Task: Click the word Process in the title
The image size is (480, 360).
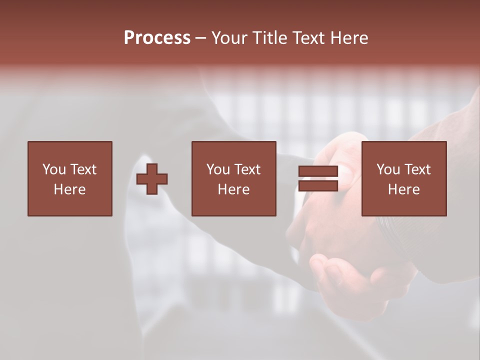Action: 157,38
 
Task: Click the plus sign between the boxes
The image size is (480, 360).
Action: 152,179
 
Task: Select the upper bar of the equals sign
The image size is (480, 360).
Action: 318,171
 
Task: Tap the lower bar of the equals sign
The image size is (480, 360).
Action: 318,186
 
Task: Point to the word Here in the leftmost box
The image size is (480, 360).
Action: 69,189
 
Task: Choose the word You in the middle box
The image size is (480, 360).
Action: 218,169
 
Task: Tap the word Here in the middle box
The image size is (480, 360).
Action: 233,189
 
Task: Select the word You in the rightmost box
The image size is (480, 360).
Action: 388,169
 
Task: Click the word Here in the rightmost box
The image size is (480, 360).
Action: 403,189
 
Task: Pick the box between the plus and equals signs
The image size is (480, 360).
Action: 233,205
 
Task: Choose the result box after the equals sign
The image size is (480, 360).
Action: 403,205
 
